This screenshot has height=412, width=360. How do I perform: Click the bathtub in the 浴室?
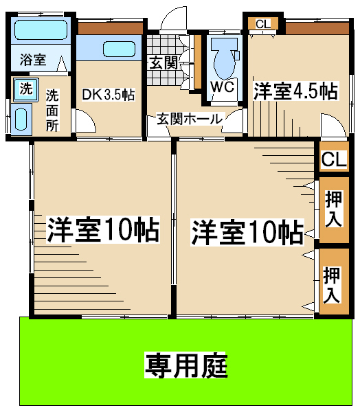(41, 30)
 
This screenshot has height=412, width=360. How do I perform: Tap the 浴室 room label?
(33, 60)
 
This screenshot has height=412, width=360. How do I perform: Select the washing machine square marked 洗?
(26, 89)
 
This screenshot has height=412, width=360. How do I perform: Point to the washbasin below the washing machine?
(21, 119)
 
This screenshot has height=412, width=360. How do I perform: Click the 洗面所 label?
(52, 111)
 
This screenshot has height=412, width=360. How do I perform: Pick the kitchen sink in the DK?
(119, 49)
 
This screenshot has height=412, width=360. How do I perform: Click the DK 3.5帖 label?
(109, 95)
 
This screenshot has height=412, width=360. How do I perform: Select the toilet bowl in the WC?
(224, 58)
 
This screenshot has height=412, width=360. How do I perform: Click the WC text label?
(223, 87)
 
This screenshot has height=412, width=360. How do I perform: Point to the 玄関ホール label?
(190, 119)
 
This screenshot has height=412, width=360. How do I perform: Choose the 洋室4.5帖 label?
(295, 91)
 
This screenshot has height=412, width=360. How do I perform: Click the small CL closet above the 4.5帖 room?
(263, 24)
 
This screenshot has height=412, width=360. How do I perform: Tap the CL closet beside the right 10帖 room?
(334, 158)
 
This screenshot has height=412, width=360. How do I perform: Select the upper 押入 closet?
(334, 209)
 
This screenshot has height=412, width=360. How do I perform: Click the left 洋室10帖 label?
(103, 229)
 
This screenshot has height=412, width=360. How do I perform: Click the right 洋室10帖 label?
(247, 232)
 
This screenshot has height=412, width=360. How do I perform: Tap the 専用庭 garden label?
(186, 366)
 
